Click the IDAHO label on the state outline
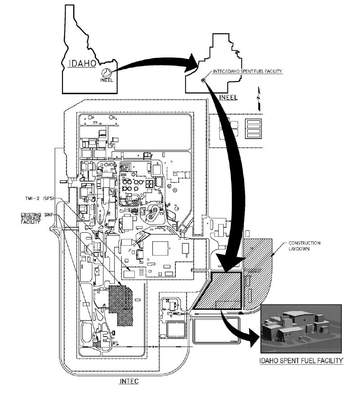tap(82, 63)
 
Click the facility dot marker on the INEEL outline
tap(203, 80)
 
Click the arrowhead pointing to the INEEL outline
tap(192, 63)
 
